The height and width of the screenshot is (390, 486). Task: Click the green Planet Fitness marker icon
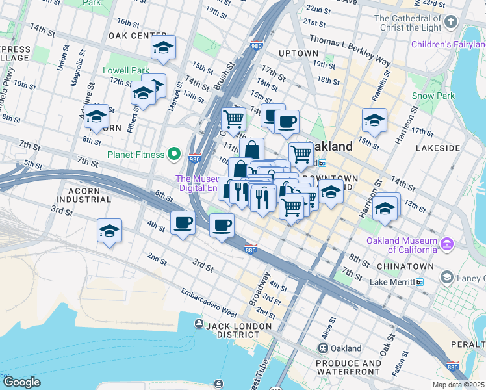pos(173,155)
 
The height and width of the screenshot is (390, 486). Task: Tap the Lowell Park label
pos(126,70)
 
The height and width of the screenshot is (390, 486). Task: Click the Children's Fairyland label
pos(448,45)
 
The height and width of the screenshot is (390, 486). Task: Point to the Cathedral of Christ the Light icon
pos(450,23)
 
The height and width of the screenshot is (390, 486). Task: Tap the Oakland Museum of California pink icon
pos(446,244)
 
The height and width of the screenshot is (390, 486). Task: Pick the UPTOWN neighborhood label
pos(298,53)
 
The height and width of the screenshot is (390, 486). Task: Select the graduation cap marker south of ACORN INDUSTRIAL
pos(109,231)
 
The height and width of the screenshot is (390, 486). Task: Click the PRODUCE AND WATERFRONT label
pos(348,367)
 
